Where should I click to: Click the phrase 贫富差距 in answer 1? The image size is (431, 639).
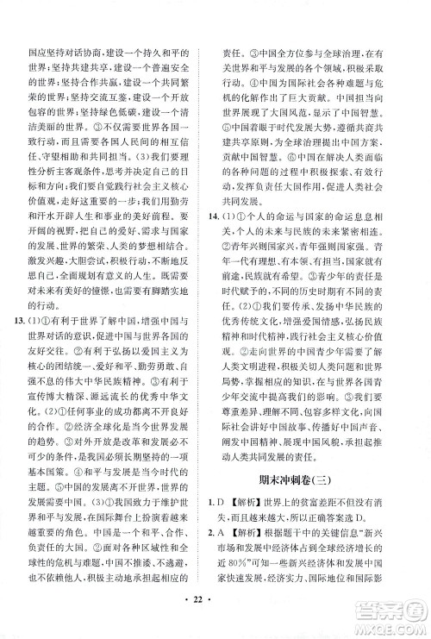coord(320,501)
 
